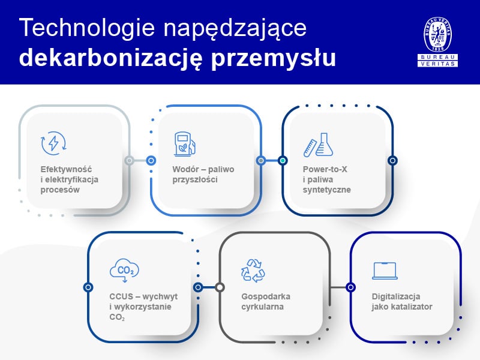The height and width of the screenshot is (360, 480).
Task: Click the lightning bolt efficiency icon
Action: tap(53, 143)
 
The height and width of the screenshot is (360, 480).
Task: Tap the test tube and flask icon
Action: tap(317, 144)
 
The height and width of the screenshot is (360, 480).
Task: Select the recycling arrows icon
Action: tap(253, 271)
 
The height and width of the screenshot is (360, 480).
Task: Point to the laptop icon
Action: tap(385, 271)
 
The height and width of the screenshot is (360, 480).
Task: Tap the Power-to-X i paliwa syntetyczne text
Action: tap(326, 179)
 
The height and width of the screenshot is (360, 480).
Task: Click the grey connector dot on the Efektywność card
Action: tap(129, 160)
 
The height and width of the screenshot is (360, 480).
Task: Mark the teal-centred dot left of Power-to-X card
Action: tap(283, 160)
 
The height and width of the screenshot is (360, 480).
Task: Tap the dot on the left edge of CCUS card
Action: tap(89, 287)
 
